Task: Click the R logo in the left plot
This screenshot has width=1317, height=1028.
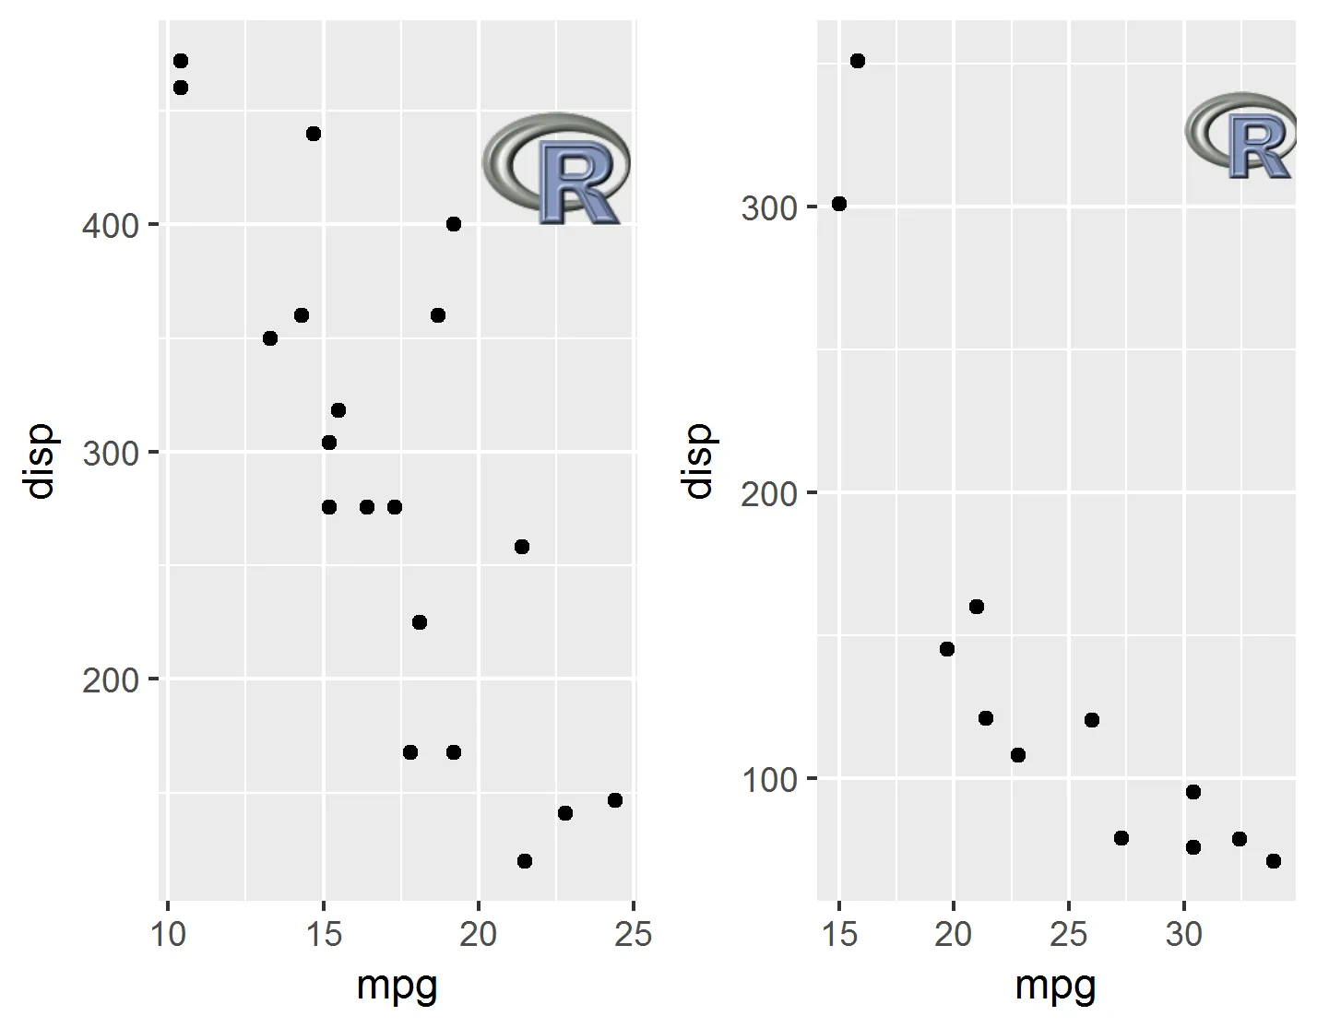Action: (556, 169)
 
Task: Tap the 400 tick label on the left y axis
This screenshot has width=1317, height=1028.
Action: (110, 225)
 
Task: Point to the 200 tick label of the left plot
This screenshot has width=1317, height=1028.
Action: (110, 680)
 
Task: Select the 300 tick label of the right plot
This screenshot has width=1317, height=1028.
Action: (769, 207)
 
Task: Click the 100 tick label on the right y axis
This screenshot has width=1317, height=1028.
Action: (769, 780)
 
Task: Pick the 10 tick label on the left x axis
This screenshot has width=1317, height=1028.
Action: (167, 934)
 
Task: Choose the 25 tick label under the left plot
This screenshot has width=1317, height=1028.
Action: (634, 934)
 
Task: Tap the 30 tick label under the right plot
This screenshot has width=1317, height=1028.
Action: (1184, 934)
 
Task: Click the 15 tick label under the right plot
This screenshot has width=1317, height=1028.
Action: (838, 934)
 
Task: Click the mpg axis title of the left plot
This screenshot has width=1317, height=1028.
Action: (397, 986)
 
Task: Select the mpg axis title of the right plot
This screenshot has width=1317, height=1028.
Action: (1056, 986)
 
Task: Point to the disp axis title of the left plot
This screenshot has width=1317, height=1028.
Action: (41, 461)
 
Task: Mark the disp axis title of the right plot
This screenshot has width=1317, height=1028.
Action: (698, 461)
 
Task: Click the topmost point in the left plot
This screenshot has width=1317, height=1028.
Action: (181, 61)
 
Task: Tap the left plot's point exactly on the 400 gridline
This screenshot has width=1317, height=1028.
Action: (454, 224)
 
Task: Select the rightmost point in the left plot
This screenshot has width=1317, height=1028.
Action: (615, 800)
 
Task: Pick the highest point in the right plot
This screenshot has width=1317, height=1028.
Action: (858, 61)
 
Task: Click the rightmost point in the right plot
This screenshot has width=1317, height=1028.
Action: (1274, 861)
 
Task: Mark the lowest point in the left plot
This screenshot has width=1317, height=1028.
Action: (525, 861)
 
